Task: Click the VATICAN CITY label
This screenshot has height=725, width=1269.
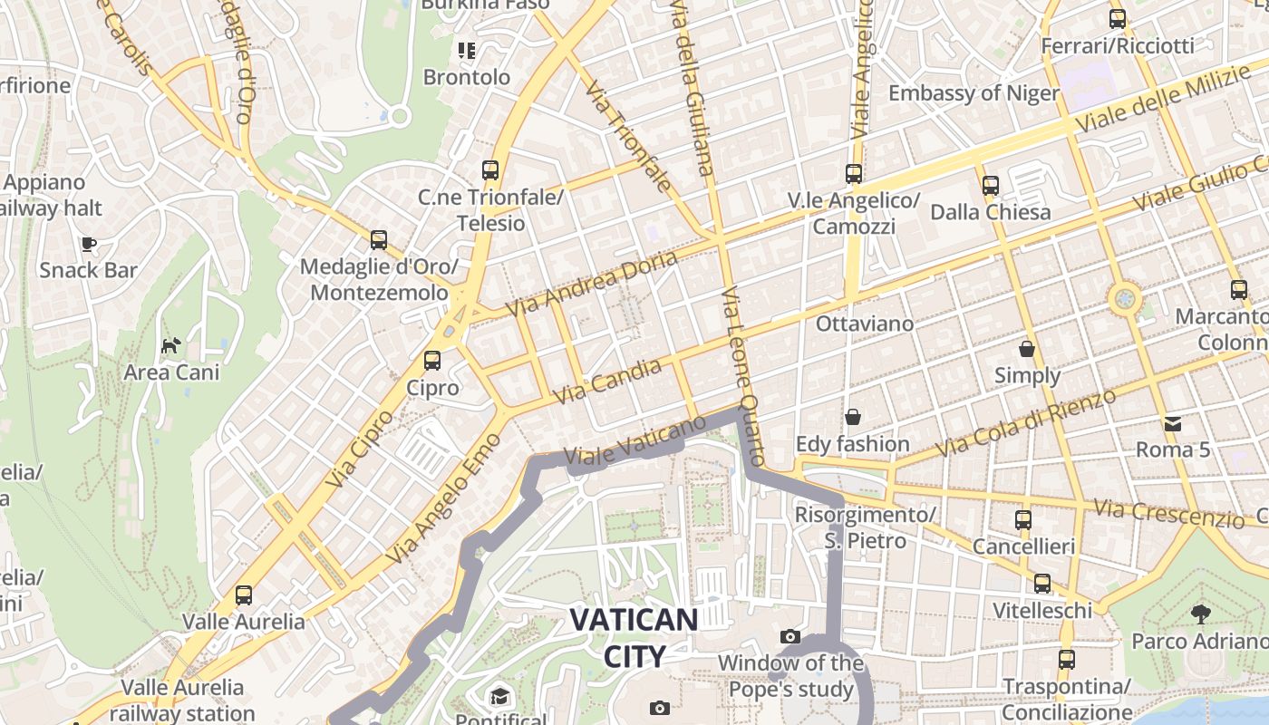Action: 634,638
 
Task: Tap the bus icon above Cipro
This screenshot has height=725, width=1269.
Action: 432,361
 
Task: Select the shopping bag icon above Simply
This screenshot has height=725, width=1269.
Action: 1027,349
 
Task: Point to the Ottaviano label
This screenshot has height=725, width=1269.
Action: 865,324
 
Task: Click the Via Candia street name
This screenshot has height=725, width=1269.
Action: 607,382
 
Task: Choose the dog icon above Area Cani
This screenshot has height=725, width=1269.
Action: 170,345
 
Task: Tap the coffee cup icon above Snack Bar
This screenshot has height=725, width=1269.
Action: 89,243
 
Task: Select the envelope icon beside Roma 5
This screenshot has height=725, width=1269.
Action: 1173,423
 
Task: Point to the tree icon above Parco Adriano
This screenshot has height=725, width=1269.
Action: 1201,614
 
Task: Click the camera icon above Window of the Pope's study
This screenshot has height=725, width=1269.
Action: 790,636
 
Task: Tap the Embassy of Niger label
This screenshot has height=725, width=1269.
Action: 974,93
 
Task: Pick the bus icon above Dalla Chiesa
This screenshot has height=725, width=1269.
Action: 990,186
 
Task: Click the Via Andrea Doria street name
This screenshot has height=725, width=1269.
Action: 591,284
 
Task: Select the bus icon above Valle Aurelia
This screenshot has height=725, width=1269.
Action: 243,595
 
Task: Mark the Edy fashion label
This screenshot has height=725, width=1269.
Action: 852,444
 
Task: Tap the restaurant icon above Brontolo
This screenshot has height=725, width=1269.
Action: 467,51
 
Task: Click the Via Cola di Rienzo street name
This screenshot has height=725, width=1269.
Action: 1025,423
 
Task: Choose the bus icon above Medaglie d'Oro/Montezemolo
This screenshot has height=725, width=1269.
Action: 379,240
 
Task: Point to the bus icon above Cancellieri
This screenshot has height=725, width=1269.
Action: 1023,520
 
